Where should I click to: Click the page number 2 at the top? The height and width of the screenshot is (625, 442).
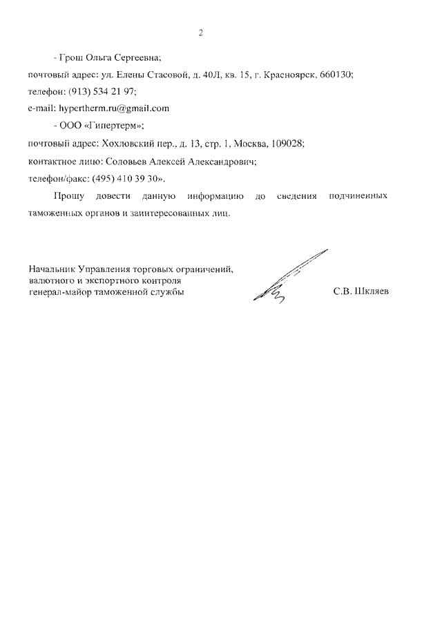pyautogui.click(x=200, y=32)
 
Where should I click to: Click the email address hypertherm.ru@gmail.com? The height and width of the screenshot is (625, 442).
pyautogui.click(x=114, y=108)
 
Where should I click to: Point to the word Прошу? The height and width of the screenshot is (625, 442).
pyautogui.click(x=66, y=196)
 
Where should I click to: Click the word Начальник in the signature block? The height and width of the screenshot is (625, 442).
pyautogui.click(x=52, y=269)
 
